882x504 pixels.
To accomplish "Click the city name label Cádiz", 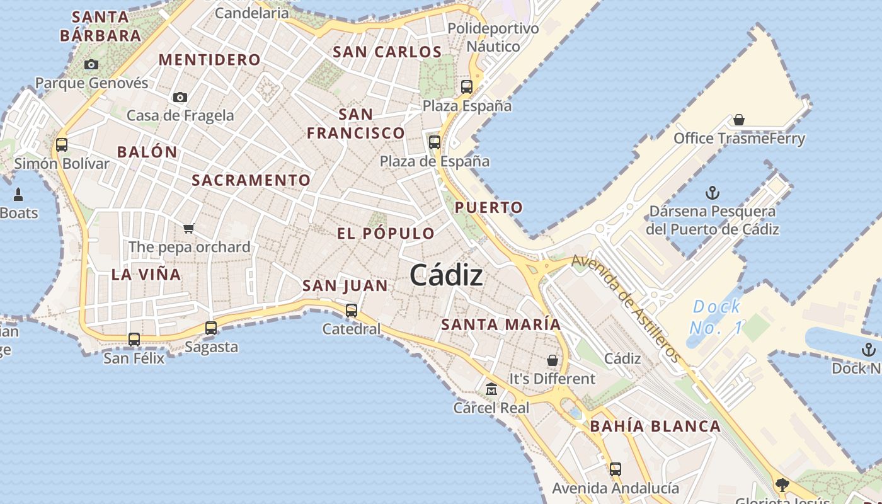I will (x=446, y=275).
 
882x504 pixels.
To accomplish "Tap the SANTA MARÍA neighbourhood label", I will (x=501, y=324).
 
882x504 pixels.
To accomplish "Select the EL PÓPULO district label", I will (x=386, y=233).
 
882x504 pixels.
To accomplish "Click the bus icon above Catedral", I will (x=352, y=310).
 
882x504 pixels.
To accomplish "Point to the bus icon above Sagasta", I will (x=211, y=328).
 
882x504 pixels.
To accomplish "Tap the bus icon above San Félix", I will (x=134, y=339).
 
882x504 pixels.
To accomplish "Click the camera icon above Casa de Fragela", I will (x=180, y=97).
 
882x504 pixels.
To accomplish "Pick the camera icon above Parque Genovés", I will (x=91, y=64).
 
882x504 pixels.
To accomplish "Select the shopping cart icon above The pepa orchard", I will (x=189, y=227).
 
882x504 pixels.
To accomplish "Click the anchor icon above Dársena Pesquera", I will (x=713, y=192).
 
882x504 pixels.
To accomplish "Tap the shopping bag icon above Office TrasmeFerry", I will (x=739, y=119).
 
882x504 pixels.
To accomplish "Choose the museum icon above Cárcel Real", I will (x=491, y=389).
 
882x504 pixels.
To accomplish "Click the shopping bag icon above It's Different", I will (x=553, y=360).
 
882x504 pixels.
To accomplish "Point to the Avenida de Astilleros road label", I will (x=626, y=308).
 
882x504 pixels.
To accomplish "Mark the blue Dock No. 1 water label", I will (x=716, y=317).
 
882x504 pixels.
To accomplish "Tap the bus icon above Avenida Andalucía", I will (x=616, y=469).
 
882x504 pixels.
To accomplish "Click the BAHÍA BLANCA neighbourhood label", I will (x=655, y=426).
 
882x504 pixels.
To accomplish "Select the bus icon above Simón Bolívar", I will (x=62, y=144).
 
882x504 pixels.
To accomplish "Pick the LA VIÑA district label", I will (x=146, y=274).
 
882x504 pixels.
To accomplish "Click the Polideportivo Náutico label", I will (x=493, y=37).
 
